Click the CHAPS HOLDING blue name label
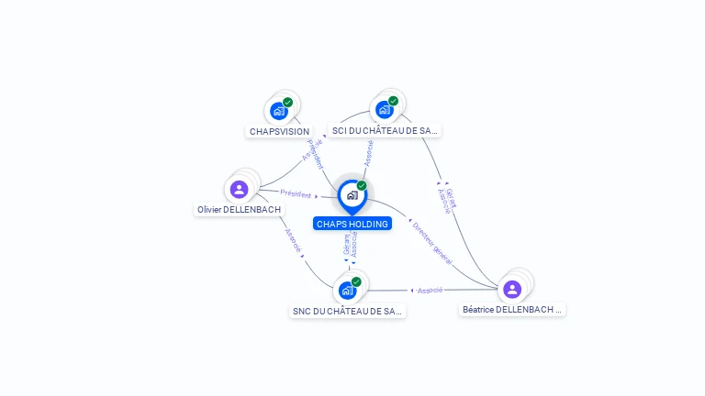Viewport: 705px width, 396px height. pos(352,224)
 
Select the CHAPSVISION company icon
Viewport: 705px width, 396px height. pos(279,111)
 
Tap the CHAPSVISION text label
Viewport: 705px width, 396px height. pos(279,131)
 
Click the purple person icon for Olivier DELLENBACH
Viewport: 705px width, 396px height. pos(240,190)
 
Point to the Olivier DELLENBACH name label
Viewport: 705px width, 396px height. pos(240,210)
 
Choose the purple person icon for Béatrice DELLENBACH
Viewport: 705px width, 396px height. pos(512,290)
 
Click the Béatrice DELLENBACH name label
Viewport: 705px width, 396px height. pos(512,310)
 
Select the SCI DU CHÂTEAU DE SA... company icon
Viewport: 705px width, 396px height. pos(385,109)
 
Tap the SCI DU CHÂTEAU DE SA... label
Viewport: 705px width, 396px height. pos(386,131)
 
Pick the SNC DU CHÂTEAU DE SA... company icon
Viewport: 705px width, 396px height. pos(347,290)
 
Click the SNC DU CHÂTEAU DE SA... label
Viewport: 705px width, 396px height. pos(347,312)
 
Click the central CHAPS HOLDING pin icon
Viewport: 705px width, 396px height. pos(352,195)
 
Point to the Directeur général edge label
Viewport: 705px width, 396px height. pos(431,243)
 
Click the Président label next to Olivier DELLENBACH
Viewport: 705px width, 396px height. pos(296,193)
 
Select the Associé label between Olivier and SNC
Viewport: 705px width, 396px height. pos(292,240)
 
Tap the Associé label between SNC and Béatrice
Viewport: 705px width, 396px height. pos(430,290)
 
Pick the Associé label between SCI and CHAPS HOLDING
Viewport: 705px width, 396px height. pos(368,152)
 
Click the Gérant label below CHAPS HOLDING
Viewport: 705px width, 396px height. pos(346,245)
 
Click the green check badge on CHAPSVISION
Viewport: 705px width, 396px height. pos(287,103)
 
